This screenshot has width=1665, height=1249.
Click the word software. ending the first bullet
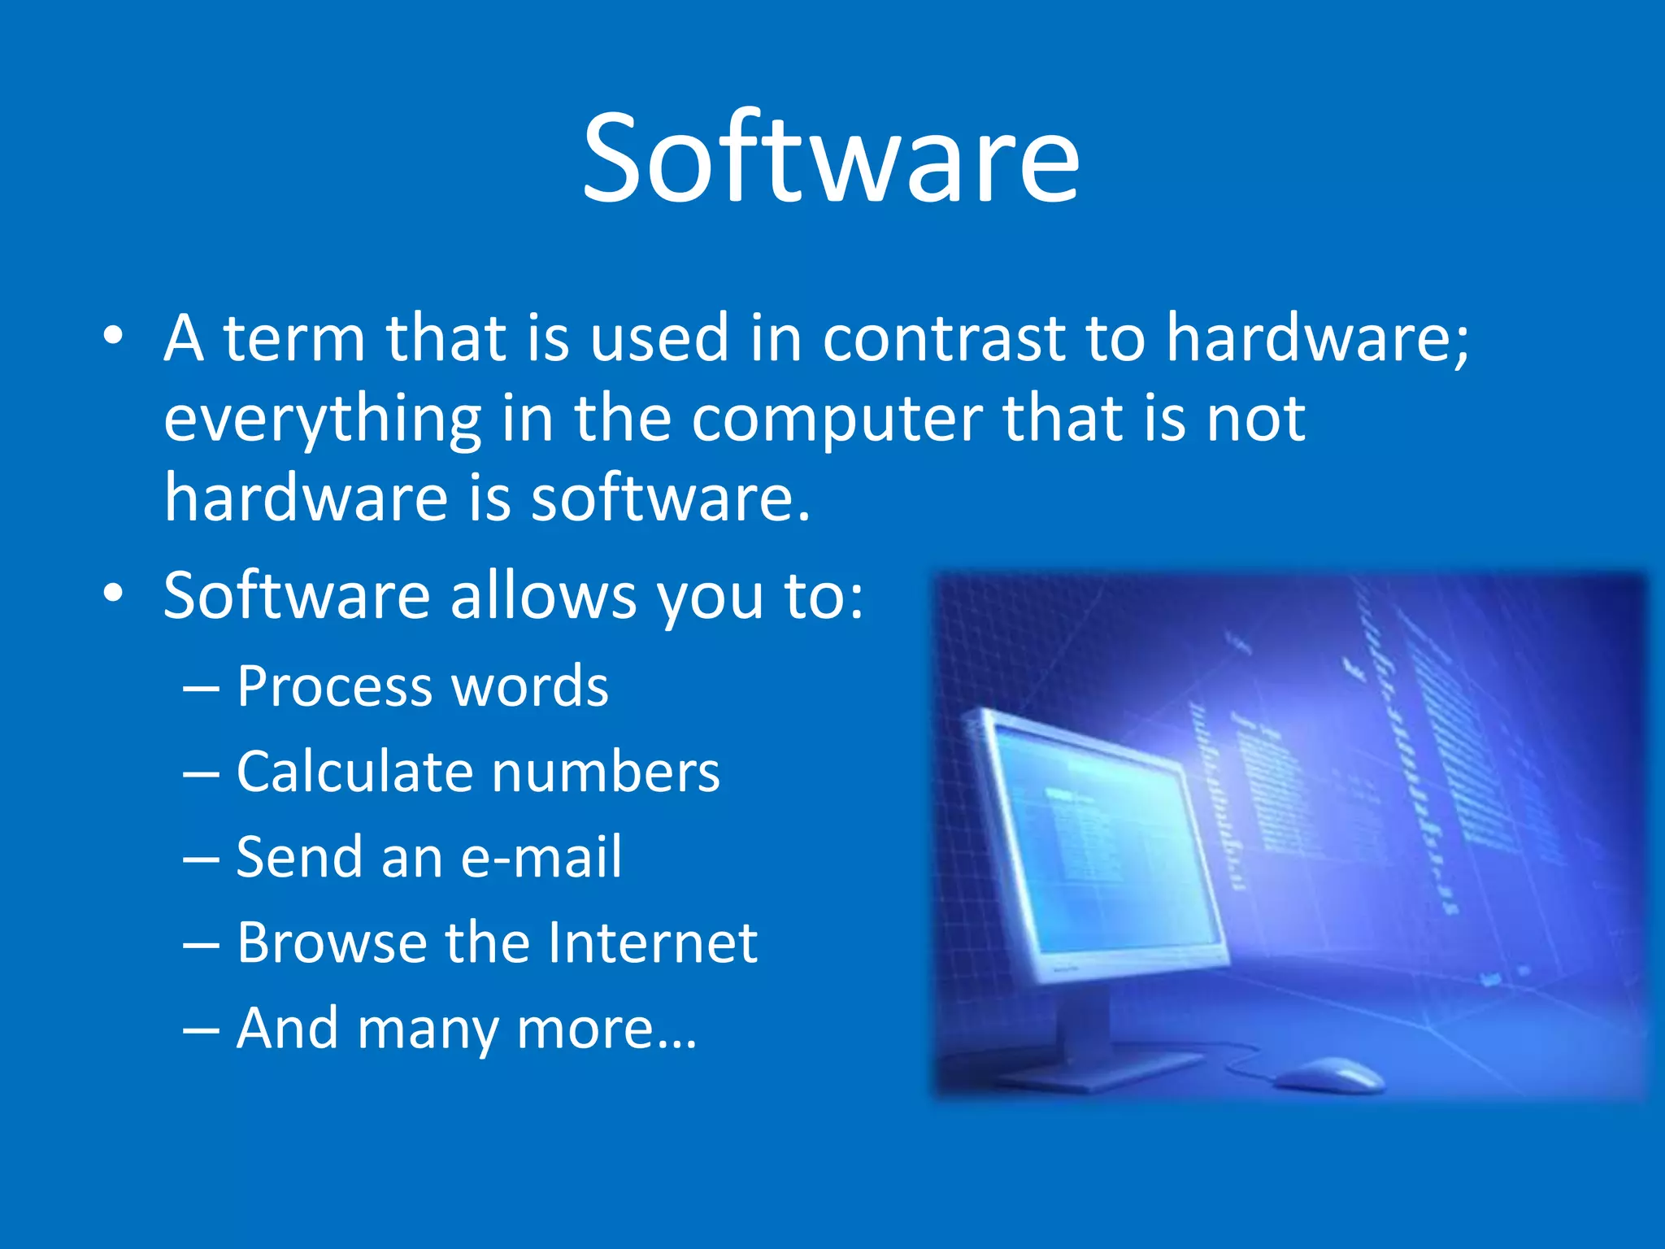pyautogui.click(x=671, y=498)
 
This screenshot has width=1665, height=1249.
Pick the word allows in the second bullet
pyautogui.click(x=543, y=595)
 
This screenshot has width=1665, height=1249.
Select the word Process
pyautogui.click(x=333, y=687)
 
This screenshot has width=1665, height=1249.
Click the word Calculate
pyautogui.click(x=354, y=772)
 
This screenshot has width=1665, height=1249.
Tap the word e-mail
pyautogui.click(x=541, y=858)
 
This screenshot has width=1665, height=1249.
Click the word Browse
pyautogui.click(x=332, y=943)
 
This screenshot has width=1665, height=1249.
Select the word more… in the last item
pyautogui.click(x=606, y=1029)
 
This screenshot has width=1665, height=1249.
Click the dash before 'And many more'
pyautogui.click(x=201, y=1029)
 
